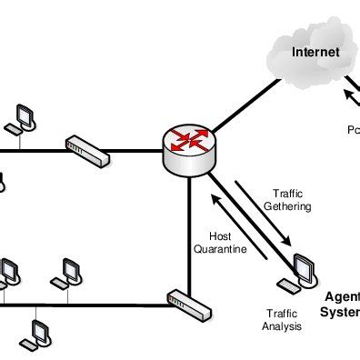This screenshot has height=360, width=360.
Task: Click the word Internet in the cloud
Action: click(315, 52)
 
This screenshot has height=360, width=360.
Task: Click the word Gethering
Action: click(286, 206)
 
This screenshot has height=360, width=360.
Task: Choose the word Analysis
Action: click(282, 326)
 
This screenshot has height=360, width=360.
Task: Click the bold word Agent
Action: click(342, 298)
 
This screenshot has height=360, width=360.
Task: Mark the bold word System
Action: click(341, 313)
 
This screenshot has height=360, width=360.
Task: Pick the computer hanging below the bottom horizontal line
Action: click(37, 334)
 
